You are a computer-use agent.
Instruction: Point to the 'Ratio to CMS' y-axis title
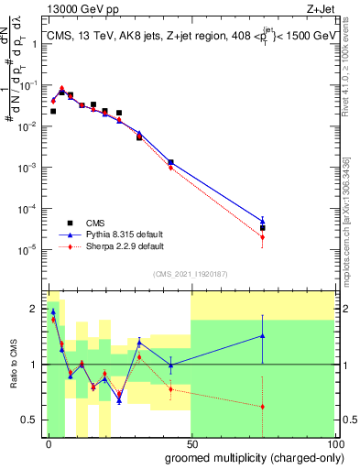15,365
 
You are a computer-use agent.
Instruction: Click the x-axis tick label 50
191,443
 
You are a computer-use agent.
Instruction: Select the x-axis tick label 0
49,443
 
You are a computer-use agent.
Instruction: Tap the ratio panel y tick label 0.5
30,420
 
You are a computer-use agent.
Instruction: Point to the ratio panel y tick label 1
34,365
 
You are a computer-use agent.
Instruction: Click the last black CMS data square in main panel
262,227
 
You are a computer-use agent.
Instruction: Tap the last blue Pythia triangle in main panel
262,220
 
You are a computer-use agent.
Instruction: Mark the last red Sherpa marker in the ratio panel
262,407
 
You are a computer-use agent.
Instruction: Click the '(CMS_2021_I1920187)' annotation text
191,273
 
